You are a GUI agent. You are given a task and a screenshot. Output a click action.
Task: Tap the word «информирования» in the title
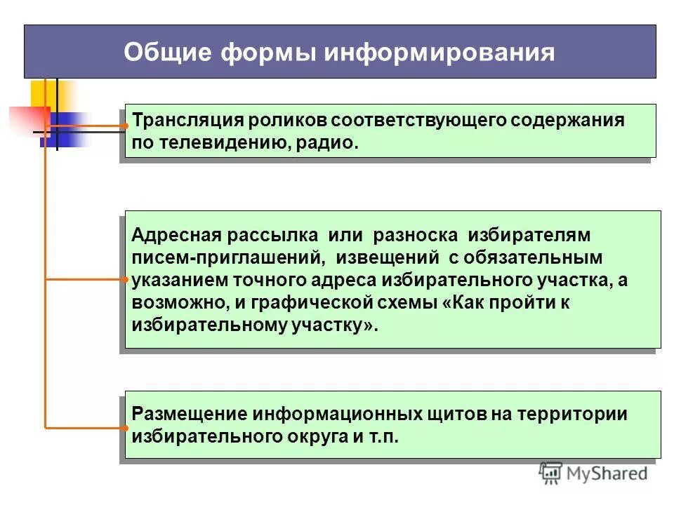[x=440, y=53]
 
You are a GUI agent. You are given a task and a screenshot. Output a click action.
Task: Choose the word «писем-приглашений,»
[x=227, y=257]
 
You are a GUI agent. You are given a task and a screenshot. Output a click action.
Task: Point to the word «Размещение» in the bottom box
[x=187, y=414]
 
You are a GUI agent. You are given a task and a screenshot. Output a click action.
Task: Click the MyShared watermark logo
[x=593, y=473]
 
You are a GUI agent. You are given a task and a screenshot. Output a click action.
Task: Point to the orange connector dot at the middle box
[x=124, y=279]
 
